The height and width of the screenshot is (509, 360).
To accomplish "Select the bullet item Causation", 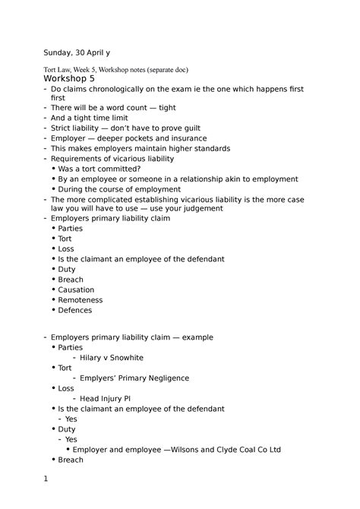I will [x=76, y=289].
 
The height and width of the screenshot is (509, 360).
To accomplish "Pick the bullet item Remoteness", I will [x=80, y=300].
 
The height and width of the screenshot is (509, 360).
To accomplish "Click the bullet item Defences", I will [x=75, y=310].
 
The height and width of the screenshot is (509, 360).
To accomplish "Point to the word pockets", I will [x=144, y=138].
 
